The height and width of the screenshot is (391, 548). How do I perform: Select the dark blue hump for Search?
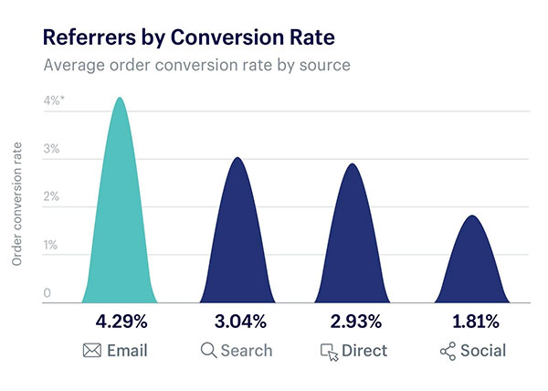pos(237,247)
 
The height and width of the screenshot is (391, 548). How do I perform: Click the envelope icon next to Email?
pos(93,351)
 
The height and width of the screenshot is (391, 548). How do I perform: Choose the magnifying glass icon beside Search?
pos(208,351)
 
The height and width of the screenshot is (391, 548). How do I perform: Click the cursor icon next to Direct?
pos(327,352)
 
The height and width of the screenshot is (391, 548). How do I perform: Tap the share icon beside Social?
pos(447,351)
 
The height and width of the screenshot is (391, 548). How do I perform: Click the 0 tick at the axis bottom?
pos(47,293)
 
